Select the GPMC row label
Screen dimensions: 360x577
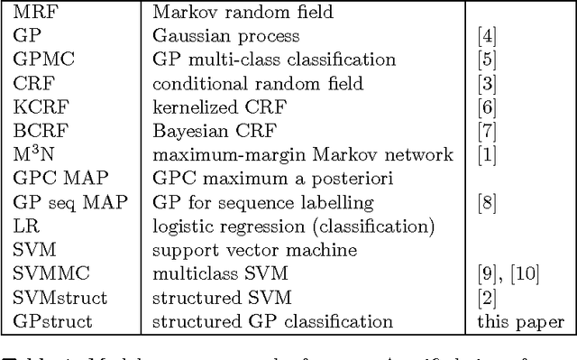[x=39, y=60]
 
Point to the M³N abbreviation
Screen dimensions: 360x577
[x=32, y=154]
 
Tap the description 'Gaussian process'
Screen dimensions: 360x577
[x=213, y=37]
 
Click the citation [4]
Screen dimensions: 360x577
[x=487, y=37]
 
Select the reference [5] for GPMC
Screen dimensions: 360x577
[x=487, y=60]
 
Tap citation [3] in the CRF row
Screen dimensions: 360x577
[x=487, y=84]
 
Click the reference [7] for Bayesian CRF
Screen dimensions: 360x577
[x=487, y=131]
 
